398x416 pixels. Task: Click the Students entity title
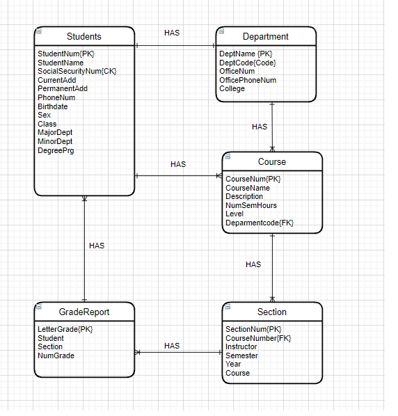click(84, 37)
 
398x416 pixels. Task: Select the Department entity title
click(266, 37)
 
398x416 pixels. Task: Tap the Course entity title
click(272, 162)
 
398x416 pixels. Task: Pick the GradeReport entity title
click(84, 312)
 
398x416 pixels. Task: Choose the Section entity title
click(272, 312)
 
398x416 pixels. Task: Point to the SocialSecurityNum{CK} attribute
click(77, 71)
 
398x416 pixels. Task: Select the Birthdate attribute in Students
click(53, 106)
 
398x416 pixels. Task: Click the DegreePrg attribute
click(56, 150)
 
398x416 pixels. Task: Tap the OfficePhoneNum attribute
click(248, 80)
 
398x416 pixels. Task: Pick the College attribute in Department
click(232, 89)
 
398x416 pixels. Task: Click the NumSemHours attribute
click(251, 205)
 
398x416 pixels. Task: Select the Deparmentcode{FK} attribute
click(260, 223)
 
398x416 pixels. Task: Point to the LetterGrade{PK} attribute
click(65, 329)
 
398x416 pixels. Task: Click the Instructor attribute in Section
click(241, 346)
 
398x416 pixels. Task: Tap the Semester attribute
click(241, 355)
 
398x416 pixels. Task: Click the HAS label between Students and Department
click(172, 33)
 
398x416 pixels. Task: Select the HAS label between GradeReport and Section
click(172, 346)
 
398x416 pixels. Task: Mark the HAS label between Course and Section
click(253, 264)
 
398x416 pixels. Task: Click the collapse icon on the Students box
click(40, 31)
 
